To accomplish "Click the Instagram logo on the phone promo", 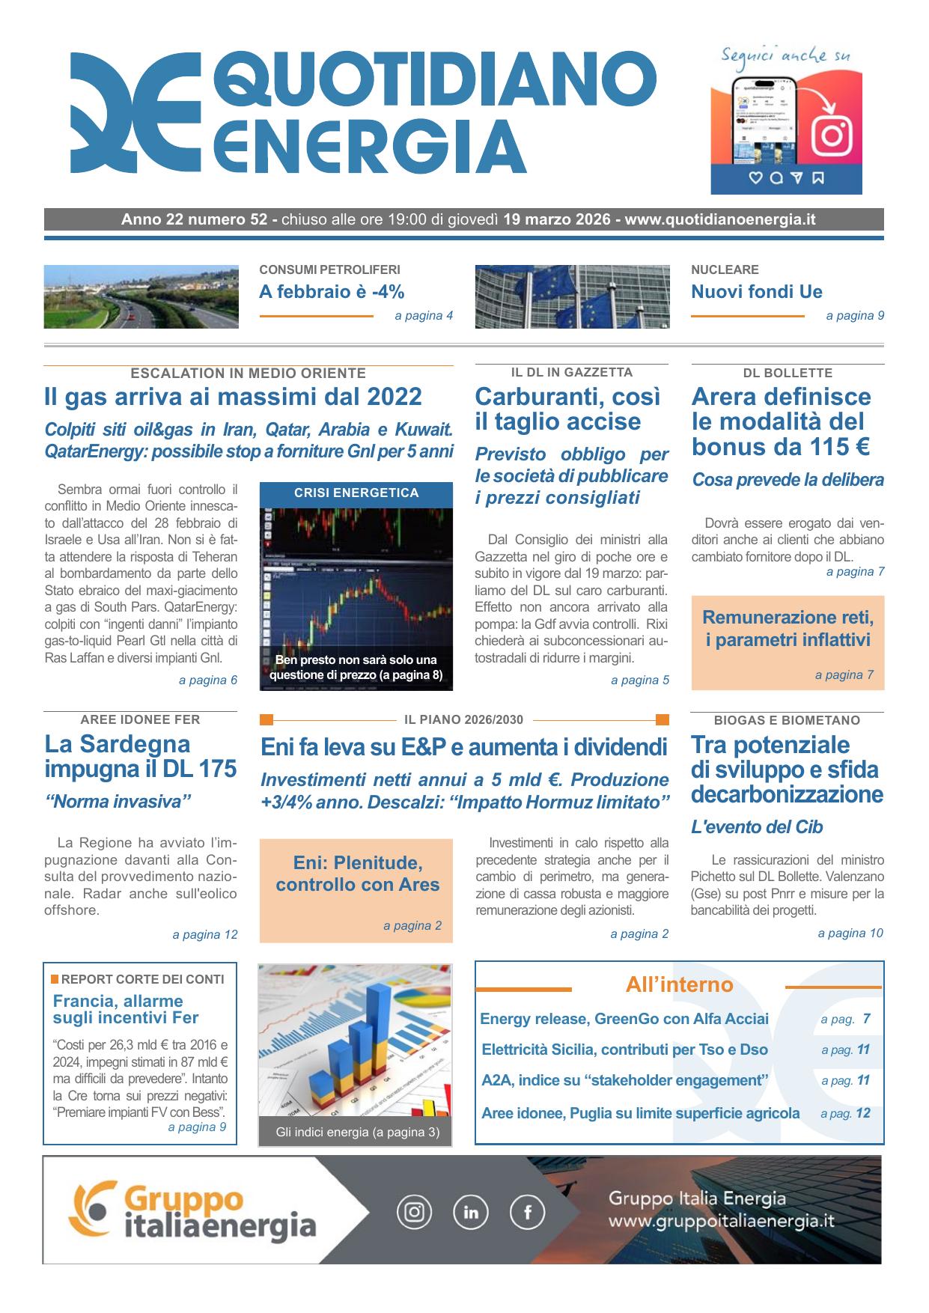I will coord(832,135).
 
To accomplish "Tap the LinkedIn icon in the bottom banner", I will coord(471,1212).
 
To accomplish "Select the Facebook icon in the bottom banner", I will coord(527,1212).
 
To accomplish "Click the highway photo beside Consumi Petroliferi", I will coord(141,296).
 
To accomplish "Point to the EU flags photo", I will coord(572,296).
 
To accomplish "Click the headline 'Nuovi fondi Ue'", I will coord(756,292).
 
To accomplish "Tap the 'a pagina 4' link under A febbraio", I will coord(424,316).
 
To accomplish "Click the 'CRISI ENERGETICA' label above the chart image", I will coord(356,493).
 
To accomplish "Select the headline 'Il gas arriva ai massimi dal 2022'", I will coord(233,396).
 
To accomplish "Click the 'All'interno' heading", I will coord(679,984).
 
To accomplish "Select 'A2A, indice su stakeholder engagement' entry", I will coord(625,1080).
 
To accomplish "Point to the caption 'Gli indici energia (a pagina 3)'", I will coord(356,1132).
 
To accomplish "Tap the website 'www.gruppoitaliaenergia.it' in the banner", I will coord(721,1222).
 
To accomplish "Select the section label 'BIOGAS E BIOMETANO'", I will coord(787,720).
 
